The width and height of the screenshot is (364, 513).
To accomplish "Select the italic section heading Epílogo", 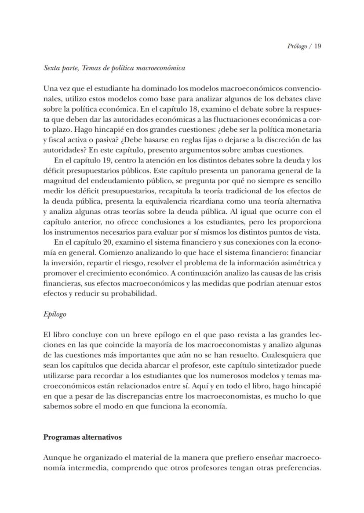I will (55, 314).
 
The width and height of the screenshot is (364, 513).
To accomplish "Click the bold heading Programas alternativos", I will (83, 437).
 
